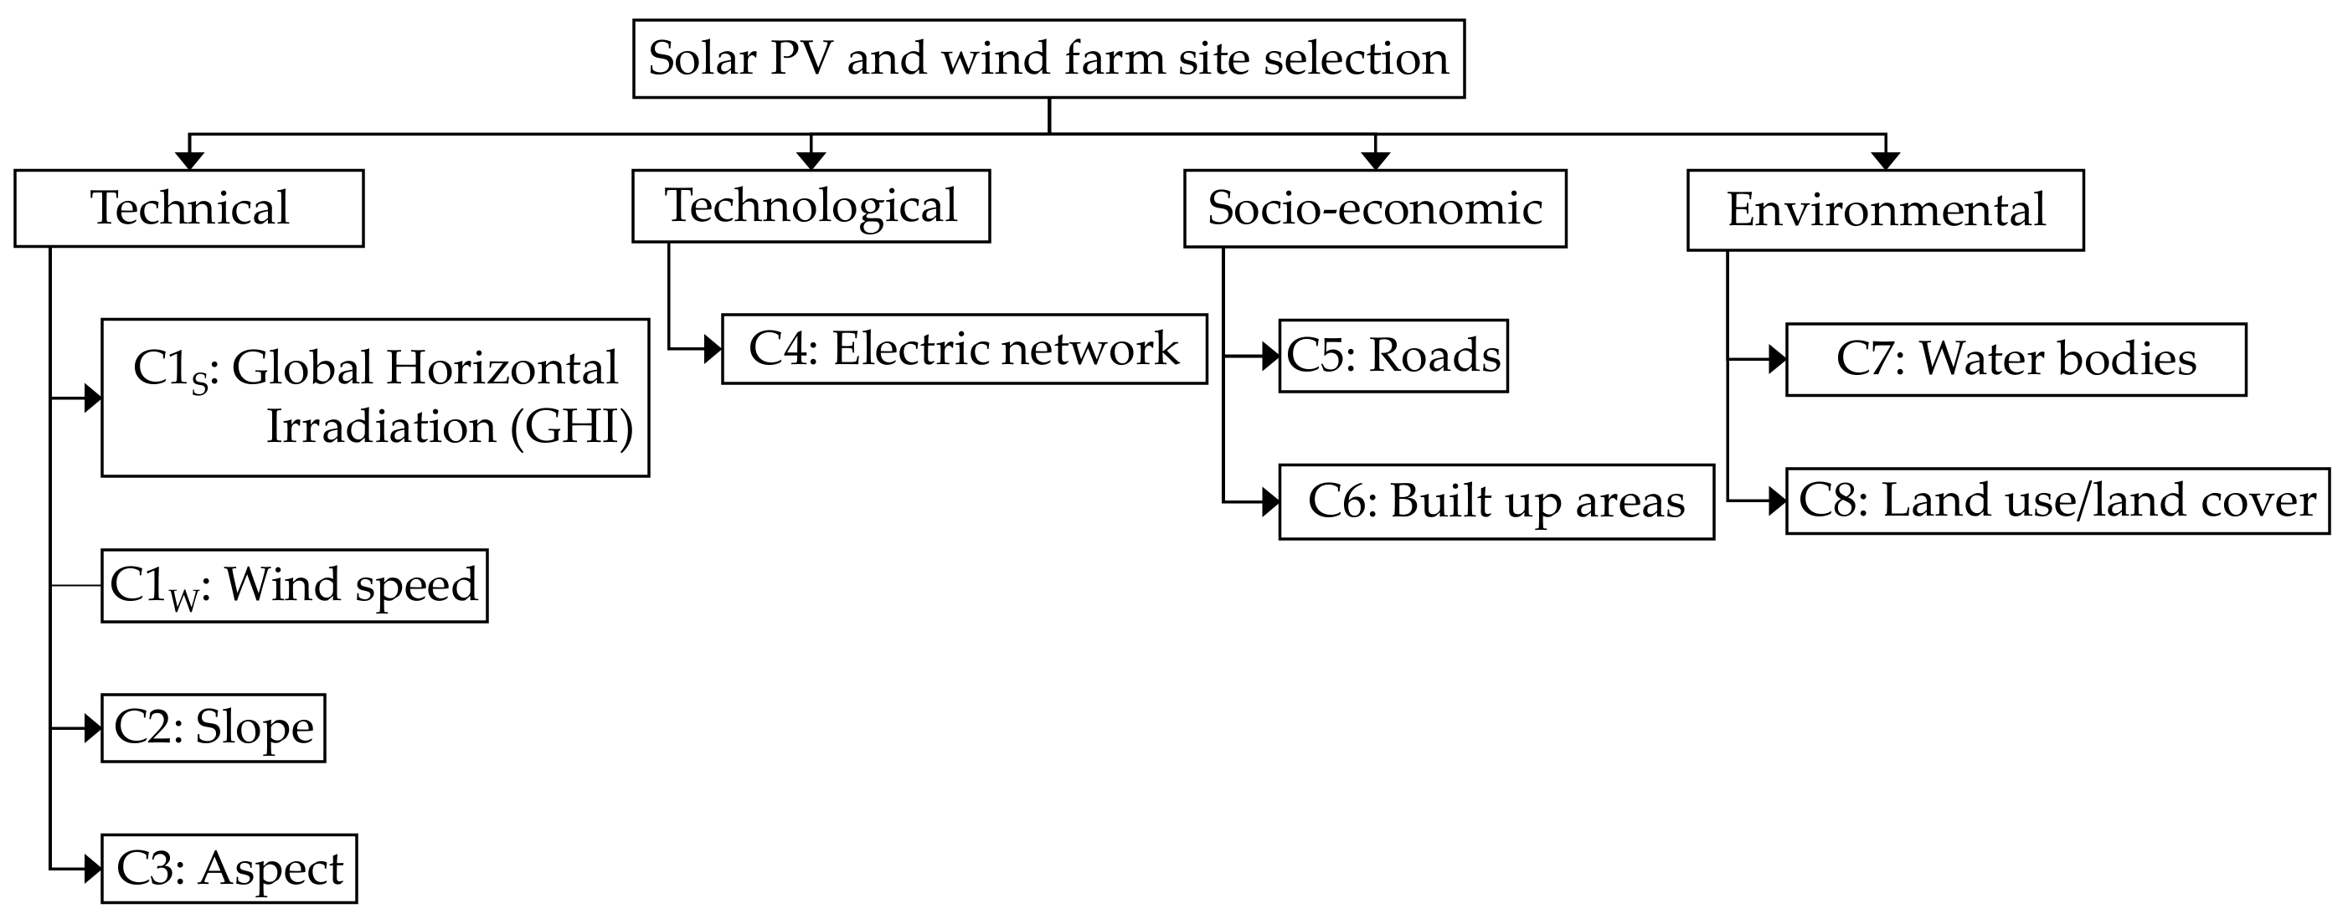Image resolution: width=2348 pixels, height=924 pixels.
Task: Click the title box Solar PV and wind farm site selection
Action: pyautogui.click(x=1048, y=59)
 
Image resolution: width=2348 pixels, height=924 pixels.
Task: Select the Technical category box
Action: pyautogui.click(x=188, y=208)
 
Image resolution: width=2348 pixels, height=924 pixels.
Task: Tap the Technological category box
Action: pyautogui.click(x=811, y=206)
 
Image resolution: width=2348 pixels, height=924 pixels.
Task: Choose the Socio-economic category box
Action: pyautogui.click(x=1374, y=208)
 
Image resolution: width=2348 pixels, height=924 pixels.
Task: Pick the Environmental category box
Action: pyautogui.click(x=1885, y=209)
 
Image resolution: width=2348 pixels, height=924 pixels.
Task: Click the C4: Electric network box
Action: pyautogui.click(x=964, y=349)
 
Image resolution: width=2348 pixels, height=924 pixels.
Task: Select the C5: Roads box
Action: pyautogui.click(x=1393, y=356)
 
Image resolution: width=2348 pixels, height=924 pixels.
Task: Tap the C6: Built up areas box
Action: pyautogui.click(x=1496, y=502)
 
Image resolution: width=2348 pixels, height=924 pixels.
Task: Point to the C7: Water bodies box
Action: pyautogui.click(x=2016, y=359)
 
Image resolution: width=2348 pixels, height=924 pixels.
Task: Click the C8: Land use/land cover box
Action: pyautogui.click(x=2057, y=501)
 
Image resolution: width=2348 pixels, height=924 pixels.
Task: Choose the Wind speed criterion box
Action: pyautogui.click(x=293, y=585)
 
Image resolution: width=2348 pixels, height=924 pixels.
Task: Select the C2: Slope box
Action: pyautogui.click(x=213, y=728)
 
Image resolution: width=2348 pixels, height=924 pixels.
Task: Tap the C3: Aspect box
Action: pyautogui.click(x=229, y=869)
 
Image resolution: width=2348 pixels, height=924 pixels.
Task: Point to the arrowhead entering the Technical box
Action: pyautogui.click(x=188, y=161)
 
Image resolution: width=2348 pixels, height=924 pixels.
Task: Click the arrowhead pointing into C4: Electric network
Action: pyautogui.click(x=713, y=349)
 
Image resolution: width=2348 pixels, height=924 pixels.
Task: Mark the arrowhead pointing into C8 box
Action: pyautogui.click(x=1777, y=501)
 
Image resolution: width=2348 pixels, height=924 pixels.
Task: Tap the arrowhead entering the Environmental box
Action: pyautogui.click(x=1885, y=161)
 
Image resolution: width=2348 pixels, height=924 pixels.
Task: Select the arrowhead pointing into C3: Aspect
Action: pyautogui.click(x=92, y=869)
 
